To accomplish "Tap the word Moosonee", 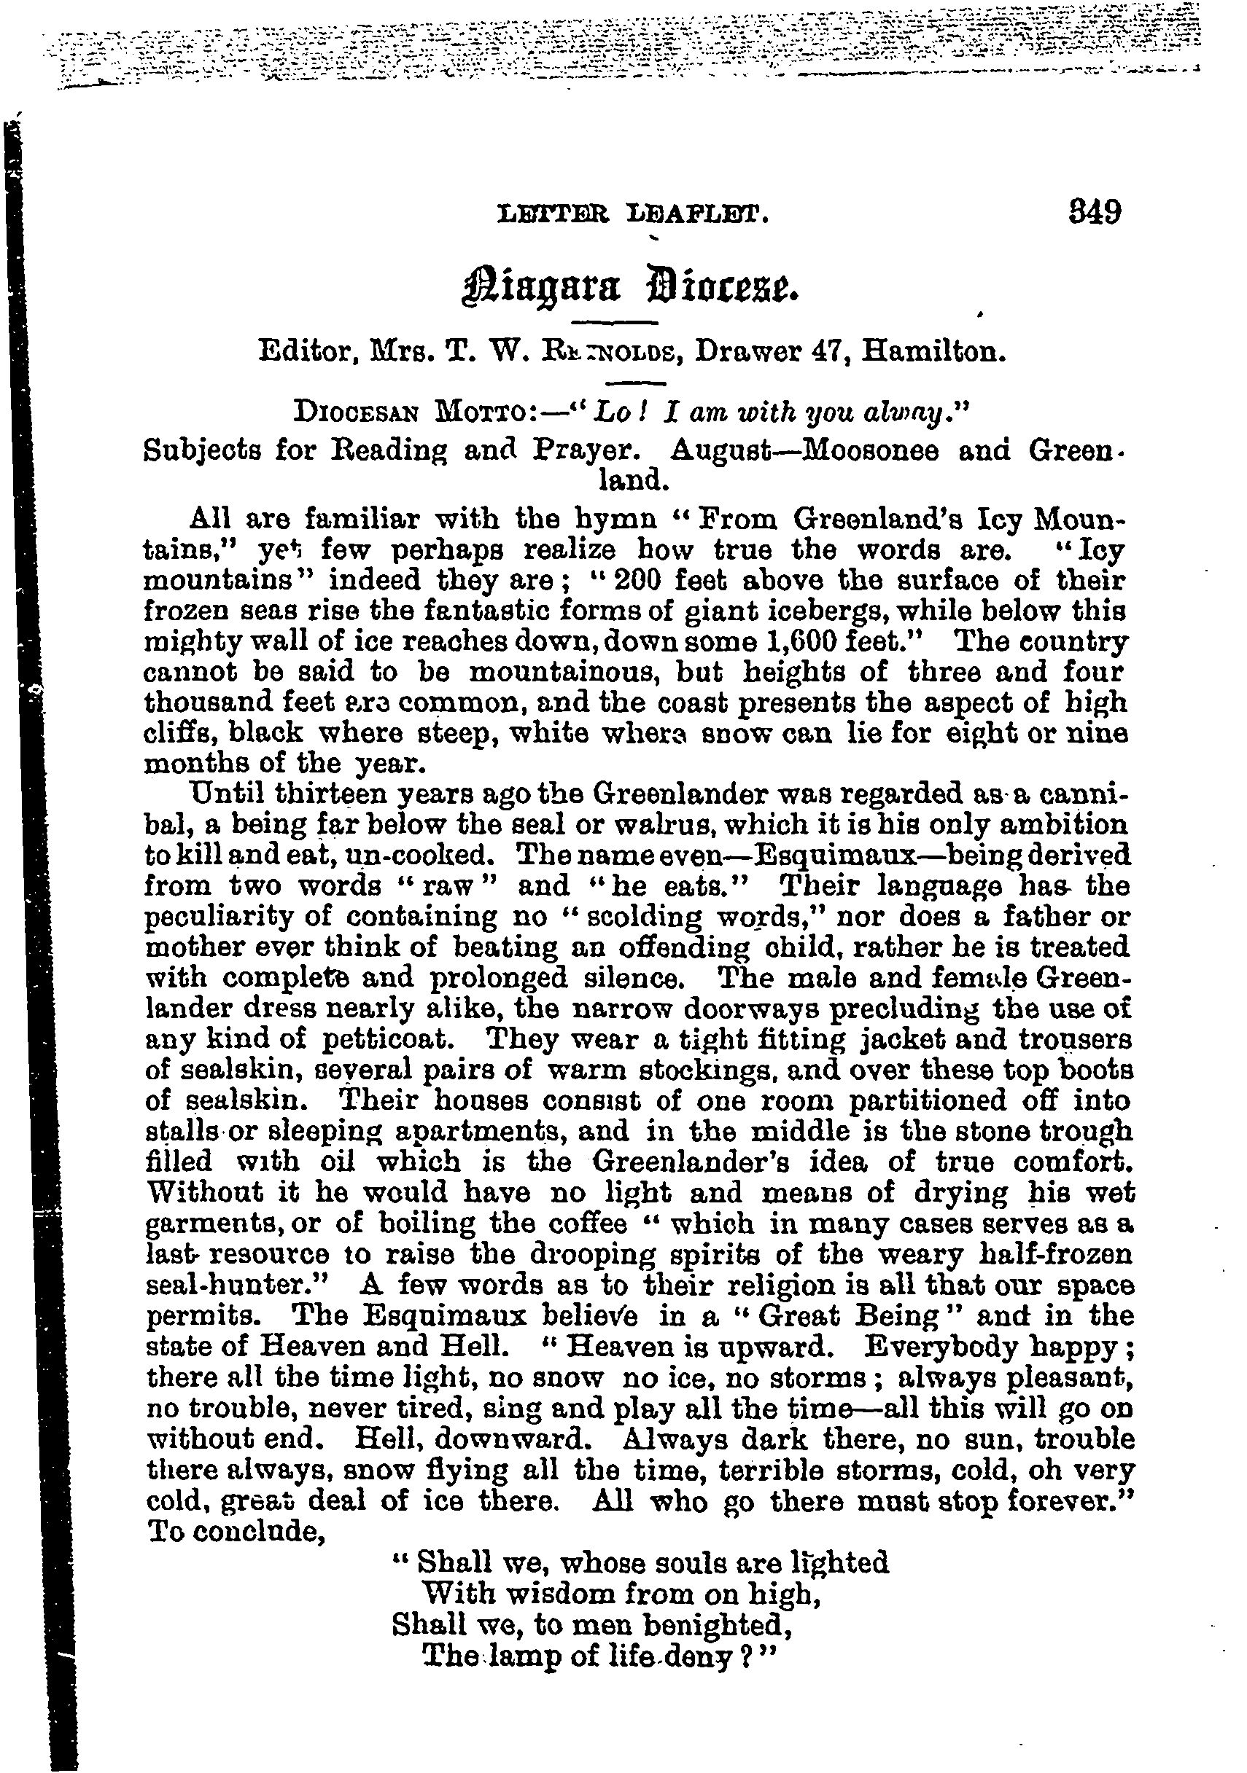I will [x=867, y=450].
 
